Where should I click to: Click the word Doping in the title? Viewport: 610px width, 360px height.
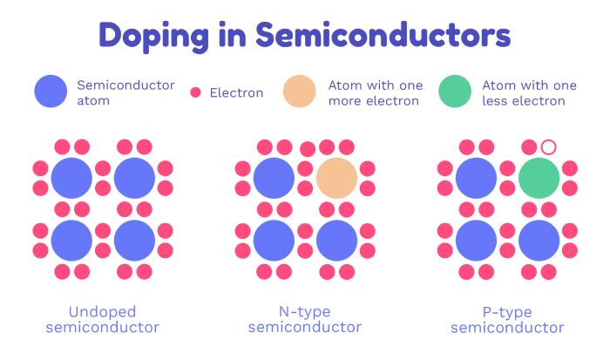(153, 37)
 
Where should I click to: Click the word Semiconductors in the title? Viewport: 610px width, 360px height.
(383, 35)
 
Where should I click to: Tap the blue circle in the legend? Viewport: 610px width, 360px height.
(51, 91)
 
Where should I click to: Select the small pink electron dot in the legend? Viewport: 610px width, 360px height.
(195, 92)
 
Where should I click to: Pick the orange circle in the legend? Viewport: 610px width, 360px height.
(299, 91)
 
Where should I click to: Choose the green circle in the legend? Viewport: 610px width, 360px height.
(455, 91)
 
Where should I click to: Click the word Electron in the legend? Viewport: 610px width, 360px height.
(236, 92)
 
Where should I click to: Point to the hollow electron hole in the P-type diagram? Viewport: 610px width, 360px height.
(548, 147)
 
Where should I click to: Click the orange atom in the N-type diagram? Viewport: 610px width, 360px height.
(336, 178)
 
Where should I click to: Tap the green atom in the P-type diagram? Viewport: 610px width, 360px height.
(539, 178)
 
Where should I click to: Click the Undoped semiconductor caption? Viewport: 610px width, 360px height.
(102, 320)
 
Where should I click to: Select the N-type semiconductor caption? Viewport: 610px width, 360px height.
(305, 320)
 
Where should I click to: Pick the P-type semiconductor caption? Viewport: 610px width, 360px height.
(507, 320)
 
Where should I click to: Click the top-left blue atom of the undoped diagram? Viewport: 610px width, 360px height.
(71, 178)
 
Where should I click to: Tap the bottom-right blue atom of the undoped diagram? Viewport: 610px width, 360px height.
(134, 241)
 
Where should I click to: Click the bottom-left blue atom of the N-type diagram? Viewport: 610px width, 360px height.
(274, 241)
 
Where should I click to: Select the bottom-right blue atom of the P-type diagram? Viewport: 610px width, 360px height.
(539, 241)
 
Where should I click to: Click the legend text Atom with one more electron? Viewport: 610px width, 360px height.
(376, 93)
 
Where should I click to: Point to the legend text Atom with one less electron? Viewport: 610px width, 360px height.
(530, 93)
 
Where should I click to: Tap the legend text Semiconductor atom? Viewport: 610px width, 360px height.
(125, 92)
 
